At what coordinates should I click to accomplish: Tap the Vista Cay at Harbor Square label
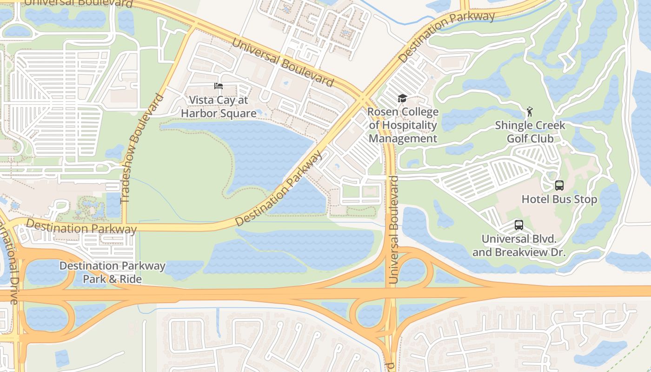[x=219, y=107]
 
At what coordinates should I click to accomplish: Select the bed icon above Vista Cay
[x=218, y=86]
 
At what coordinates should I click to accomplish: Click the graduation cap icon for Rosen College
[x=402, y=98]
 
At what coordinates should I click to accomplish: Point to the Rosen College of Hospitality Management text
[x=403, y=125]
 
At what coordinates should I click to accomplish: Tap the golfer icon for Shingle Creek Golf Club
[x=529, y=112]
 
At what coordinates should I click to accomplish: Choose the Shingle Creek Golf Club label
[x=530, y=132]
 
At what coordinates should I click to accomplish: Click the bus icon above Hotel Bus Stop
[x=559, y=186]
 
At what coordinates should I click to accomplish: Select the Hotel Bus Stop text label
[x=559, y=199]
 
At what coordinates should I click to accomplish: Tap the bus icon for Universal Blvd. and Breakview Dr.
[x=518, y=225]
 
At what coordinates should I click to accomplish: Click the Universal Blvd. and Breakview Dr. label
[x=518, y=246]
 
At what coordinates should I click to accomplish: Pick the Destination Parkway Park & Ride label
[x=113, y=272]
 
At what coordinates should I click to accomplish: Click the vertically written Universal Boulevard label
[x=394, y=230]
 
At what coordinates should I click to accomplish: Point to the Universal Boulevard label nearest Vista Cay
[x=282, y=63]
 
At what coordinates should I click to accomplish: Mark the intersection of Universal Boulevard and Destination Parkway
[x=362, y=98]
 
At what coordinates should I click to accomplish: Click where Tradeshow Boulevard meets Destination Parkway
[x=124, y=227]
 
